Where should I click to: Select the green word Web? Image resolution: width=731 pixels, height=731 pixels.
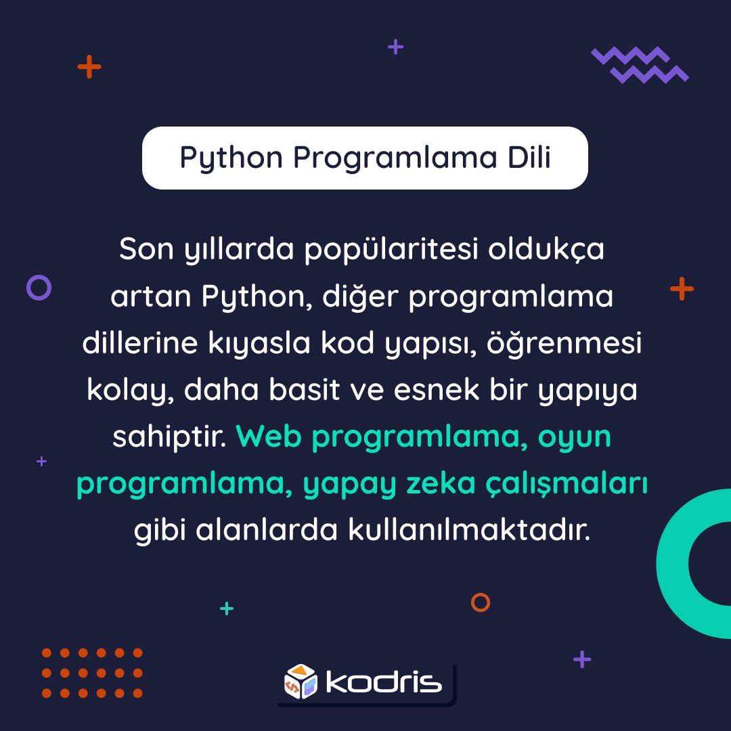(270, 437)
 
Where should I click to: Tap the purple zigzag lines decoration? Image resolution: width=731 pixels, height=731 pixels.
(640, 64)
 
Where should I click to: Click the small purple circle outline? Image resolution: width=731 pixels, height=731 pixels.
(39, 288)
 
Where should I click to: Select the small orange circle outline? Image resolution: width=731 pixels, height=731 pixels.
(481, 602)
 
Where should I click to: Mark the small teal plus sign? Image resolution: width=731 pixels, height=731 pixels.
(227, 608)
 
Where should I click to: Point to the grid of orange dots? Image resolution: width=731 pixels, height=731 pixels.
(92, 673)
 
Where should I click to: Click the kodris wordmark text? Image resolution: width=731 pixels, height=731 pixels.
(383, 682)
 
